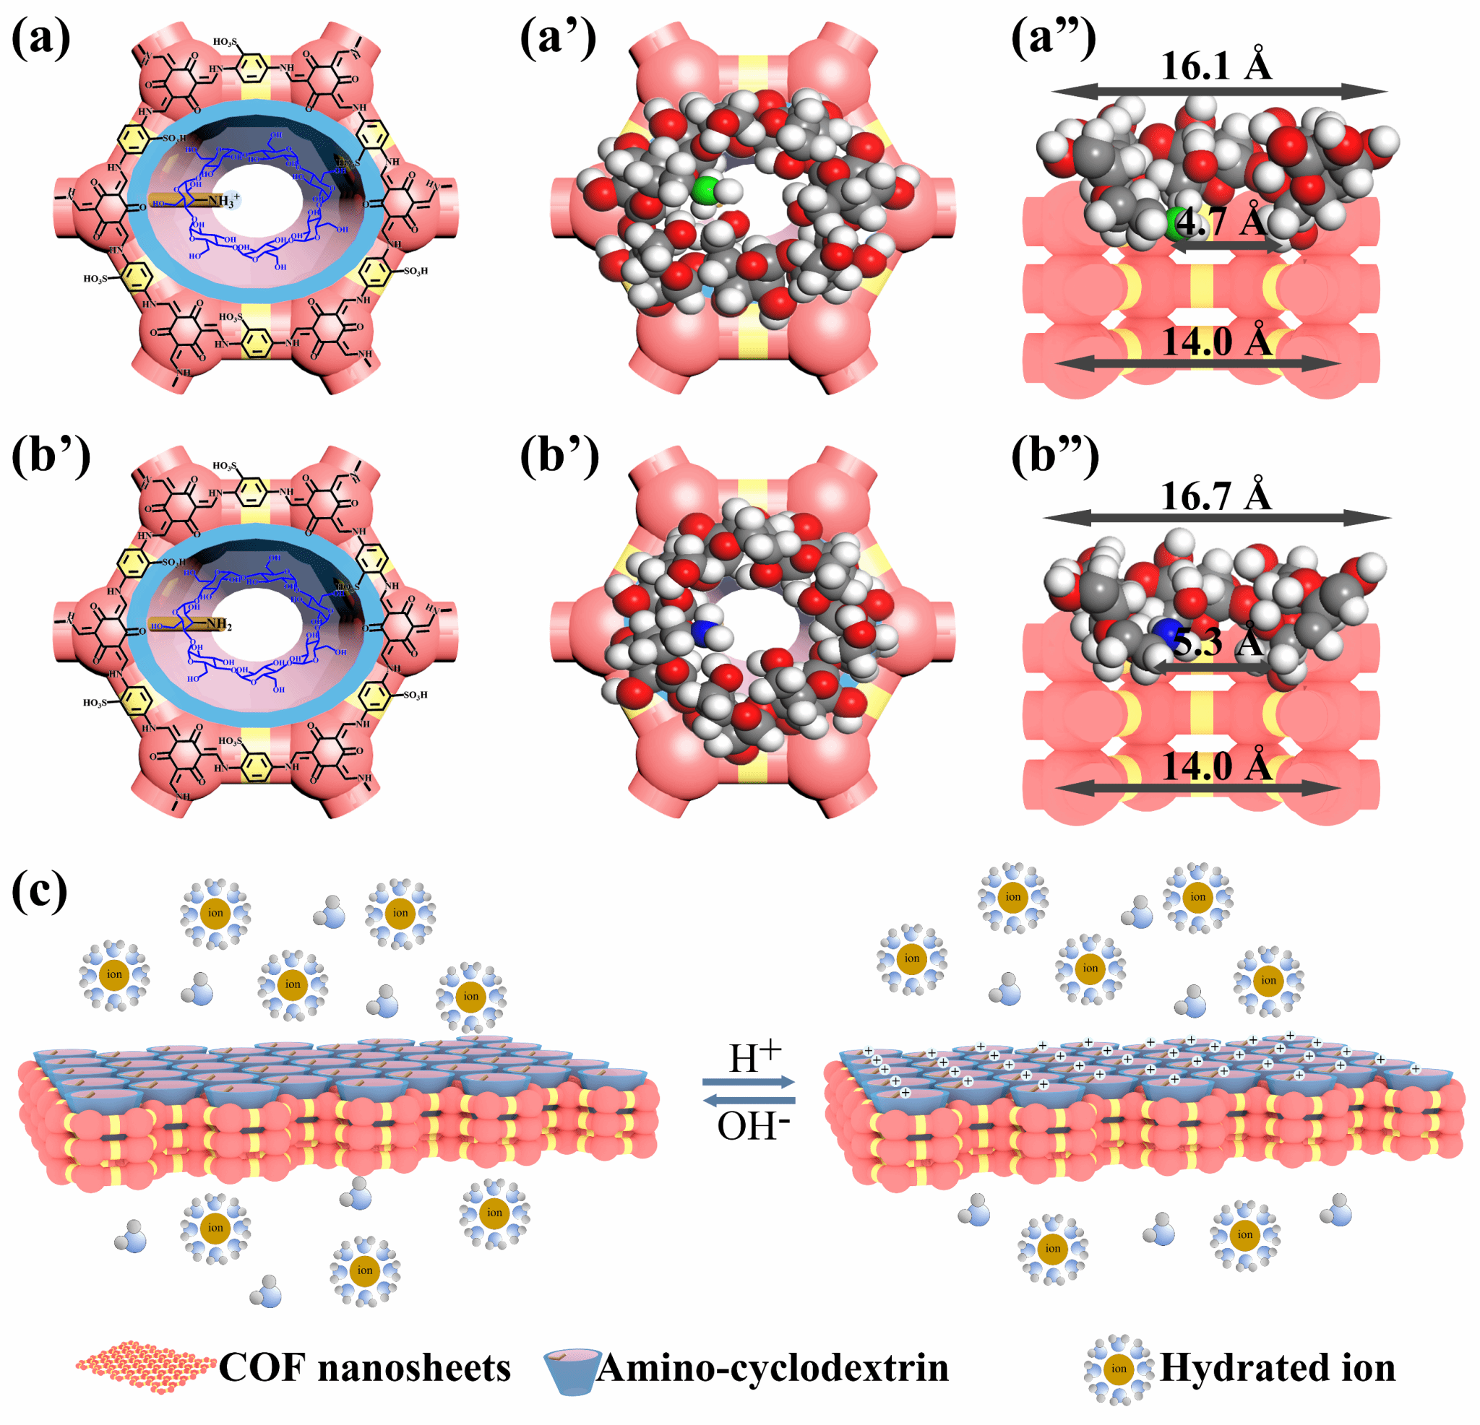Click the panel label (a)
pos(40,38)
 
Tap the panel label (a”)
pos(1054,38)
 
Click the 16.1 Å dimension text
pos(1216,66)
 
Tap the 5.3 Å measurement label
pos(1218,642)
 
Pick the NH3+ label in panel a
pos(223,201)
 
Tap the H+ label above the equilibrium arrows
pos(754,1057)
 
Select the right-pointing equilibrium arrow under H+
pos(748,1083)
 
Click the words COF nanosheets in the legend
pos(365,1368)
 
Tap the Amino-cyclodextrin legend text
pos(772,1368)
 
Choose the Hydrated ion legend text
pos(1278,1368)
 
